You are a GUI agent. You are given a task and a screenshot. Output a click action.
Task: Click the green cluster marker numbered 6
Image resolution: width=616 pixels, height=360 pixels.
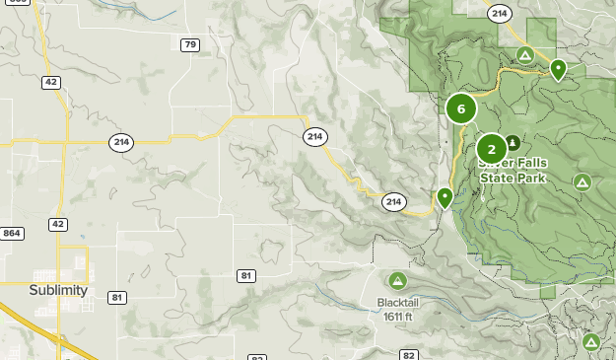(x=461, y=108)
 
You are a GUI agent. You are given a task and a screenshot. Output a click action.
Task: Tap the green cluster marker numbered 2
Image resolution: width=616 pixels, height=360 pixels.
(x=492, y=150)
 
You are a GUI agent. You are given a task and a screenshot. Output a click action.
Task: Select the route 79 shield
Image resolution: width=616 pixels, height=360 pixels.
(x=190, y=44)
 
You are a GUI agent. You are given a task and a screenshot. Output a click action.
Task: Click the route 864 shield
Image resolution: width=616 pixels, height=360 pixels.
(x=12, y=233)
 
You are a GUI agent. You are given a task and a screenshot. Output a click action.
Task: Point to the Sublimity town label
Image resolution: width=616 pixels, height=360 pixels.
(x=58, y=291)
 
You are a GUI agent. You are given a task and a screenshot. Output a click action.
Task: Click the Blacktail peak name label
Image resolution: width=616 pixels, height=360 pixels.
(x=398, y=303)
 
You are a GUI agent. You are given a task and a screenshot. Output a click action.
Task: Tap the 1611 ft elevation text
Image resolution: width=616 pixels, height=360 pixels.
(x=398, y=317)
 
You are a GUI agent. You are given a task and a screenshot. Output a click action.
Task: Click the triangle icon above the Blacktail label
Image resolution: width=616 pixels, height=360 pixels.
(x=398, y=281)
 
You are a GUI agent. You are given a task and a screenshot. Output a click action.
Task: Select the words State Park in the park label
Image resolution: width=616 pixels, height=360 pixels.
(x=513, y=179)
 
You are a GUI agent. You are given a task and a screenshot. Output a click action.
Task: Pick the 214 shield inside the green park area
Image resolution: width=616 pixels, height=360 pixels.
(x=500, y=13)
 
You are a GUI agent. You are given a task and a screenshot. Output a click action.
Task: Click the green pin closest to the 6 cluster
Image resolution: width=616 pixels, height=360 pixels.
(x=445, y=198)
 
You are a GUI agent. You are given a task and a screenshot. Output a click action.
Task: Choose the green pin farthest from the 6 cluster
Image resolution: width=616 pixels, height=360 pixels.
(x=559, y=70)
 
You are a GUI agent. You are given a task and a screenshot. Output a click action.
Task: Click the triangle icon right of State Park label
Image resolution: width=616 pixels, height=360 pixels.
(x=582, y=182)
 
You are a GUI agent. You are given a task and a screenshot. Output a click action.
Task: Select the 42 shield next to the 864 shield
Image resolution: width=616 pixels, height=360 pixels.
(x=58, y=225)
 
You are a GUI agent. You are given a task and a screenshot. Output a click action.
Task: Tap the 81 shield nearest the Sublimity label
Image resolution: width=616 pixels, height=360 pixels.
(x=117, y=298)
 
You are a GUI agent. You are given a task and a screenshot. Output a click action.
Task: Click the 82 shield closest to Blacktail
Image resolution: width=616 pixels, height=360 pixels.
(x=409, y=354)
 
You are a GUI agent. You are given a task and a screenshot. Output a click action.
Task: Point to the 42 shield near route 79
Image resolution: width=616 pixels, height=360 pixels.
(x=50, y=82)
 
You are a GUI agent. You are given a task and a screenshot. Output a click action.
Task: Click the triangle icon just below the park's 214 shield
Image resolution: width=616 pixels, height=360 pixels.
(x=525, y=55)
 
